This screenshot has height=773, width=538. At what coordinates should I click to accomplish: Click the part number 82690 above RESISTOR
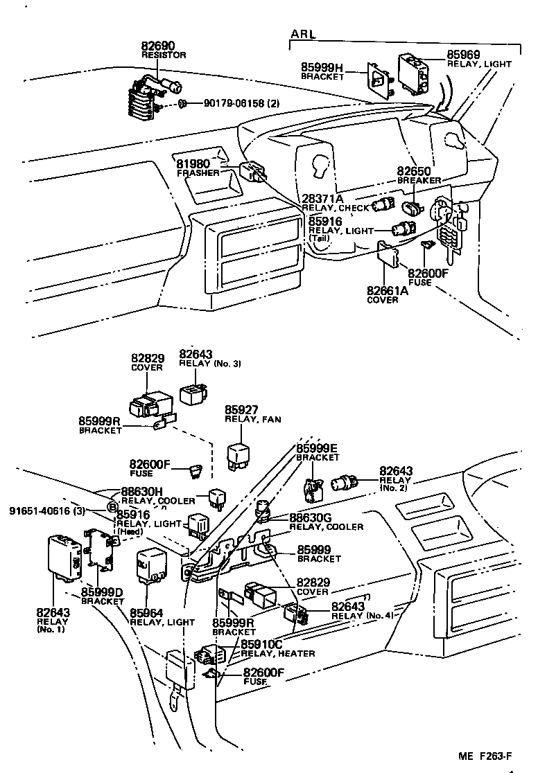159,44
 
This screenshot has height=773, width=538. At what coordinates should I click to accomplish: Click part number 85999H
322,66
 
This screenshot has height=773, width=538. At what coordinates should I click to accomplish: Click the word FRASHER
198,172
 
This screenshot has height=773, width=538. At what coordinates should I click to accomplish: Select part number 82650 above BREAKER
414,170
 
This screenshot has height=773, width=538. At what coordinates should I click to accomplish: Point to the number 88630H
141,491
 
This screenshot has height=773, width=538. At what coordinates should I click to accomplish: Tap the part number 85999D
101,592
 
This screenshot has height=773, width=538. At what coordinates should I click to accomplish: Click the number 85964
147,612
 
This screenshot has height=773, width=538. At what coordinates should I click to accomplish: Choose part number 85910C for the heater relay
261,644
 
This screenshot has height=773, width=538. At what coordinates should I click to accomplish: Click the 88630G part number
310,517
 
